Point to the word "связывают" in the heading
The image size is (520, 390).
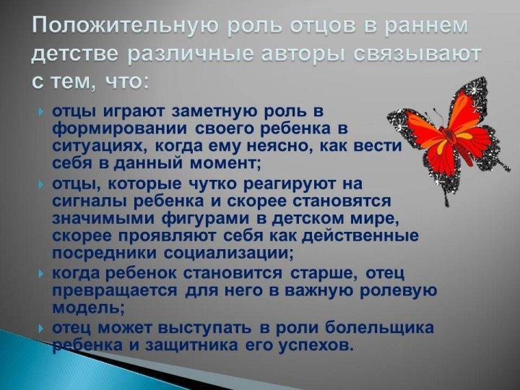point(417,54)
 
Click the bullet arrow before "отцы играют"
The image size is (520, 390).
point(40,112)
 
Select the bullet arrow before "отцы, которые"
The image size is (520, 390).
point(40,184)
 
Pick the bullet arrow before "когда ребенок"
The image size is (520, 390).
point(40,274)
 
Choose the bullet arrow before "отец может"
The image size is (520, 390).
point(40,329)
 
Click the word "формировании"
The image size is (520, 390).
point(119,129)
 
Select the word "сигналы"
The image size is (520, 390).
point(90,201)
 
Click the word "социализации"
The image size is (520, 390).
point(228,253)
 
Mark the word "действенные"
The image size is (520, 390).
point(360,235)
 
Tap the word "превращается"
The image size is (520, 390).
point(115,291)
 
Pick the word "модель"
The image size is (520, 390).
point(89,308)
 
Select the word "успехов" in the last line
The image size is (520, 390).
point(314,346)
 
